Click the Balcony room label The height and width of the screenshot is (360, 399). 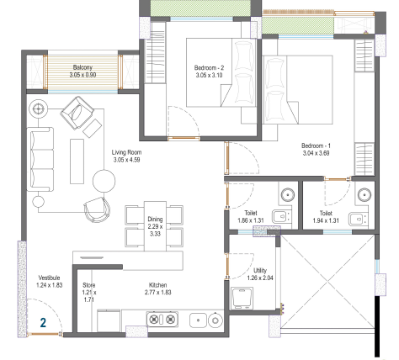coord(82,67)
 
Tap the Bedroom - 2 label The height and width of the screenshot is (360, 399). coord(209,67)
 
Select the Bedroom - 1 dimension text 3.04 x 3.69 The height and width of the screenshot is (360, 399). coord(316,153)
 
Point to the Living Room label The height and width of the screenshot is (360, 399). coord(126,152)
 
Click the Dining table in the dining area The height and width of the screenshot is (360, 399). coord(155,226)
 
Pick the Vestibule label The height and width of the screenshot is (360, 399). coord(49,278)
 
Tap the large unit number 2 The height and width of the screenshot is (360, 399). coord(43,323)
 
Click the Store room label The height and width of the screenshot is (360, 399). coord(89,285)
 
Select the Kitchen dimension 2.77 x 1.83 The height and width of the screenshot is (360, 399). coord(158,293)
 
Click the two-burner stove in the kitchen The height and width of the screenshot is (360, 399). coord(162,319)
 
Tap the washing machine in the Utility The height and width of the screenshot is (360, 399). coord(242,299)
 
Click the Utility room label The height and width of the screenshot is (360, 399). coord(260,271)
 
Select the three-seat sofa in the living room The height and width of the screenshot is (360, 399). coord(40,159)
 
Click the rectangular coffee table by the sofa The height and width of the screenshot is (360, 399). coord(77,161)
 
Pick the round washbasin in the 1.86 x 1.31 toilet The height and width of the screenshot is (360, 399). coord(288,194)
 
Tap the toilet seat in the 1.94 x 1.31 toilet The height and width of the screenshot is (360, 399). coord(357,219)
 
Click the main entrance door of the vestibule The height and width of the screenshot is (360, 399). coord(45,334)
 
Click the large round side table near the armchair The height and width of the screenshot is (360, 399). coord(104,181)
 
